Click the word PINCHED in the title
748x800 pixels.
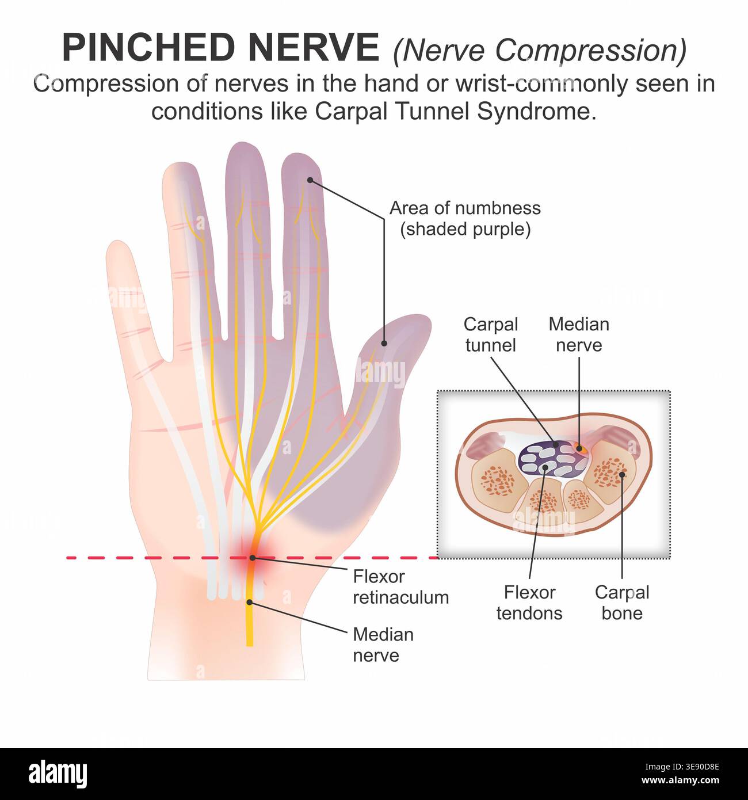point(148,47)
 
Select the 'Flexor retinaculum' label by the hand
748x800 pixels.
point(401,587)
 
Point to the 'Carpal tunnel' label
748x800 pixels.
point(491,335)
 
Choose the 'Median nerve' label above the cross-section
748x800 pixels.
point(579,335)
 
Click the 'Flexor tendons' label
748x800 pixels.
point(529,603)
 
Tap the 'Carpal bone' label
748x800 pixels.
point(622,603)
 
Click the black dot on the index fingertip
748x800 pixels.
point(310,180)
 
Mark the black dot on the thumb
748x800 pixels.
point(384,343)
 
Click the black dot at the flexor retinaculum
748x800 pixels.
point(252,558)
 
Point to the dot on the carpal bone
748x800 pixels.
point(622,474)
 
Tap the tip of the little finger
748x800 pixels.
point(117,241)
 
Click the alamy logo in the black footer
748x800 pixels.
point(58,774)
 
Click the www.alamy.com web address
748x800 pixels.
point(680,780)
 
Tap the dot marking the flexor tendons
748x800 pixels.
point(545,467)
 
